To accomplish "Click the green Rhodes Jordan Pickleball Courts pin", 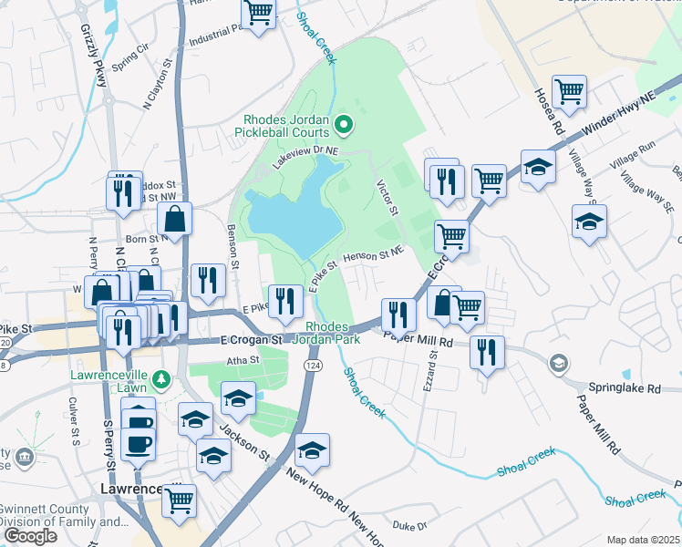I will (344, 122).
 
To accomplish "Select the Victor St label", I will (388, 197).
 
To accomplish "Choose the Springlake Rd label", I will (625, 387).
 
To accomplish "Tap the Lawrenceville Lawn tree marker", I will (161, 377).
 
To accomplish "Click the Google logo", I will (29, 536).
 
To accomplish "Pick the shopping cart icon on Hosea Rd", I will (569, 90).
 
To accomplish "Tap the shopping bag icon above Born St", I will (174, 219).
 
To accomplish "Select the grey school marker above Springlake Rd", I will (556, 365).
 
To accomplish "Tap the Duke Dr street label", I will (409, 526).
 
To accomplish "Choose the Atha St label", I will (243, 360).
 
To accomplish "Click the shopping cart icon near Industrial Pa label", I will (258, 13).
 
